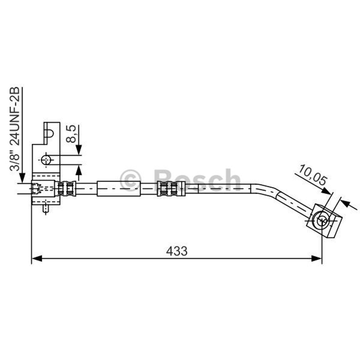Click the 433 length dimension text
point(177,251)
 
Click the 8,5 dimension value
point(71,134)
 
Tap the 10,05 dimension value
point(312,175)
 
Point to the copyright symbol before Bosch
point(131,180)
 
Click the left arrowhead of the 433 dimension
point(37,258)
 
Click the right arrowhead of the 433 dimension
point(316,258)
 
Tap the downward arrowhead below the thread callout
point(22,178)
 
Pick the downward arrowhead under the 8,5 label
point(79,150)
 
